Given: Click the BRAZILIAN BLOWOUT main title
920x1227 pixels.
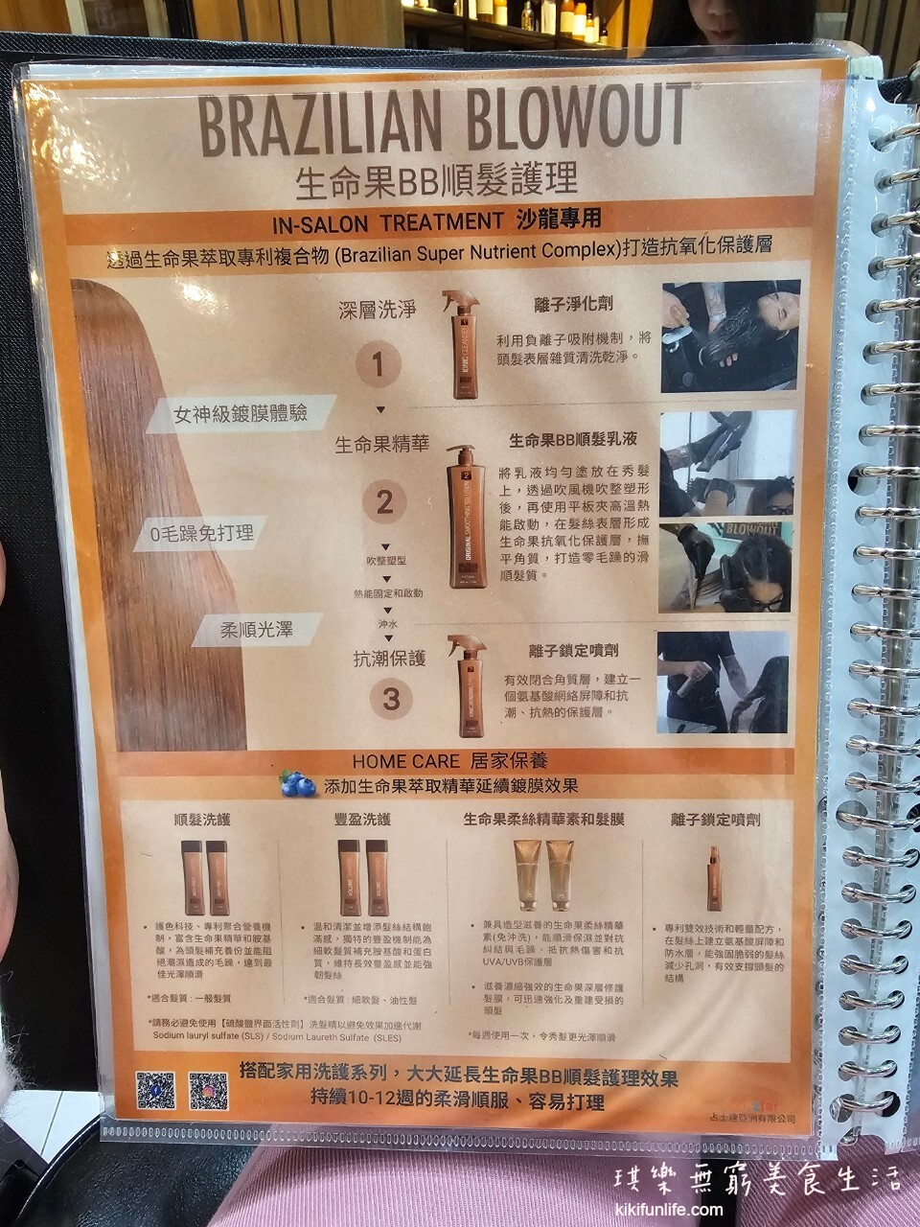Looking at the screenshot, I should (x=444, y=122).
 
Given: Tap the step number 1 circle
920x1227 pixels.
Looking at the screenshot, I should (x=378, y=364).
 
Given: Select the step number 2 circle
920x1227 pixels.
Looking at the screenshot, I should (x=384, y=501).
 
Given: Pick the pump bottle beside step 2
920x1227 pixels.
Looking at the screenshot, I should (x=467, y=517).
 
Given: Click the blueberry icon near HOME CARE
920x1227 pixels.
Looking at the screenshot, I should (x=298, y=785).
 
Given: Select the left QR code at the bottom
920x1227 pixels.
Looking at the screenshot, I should (x=155, y=1090).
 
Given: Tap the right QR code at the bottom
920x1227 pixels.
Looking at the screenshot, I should (x=208, y=1091).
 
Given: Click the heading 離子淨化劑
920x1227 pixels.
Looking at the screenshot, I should (x=573, y=304).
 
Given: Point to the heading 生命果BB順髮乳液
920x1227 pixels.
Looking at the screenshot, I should (x=572, y=440).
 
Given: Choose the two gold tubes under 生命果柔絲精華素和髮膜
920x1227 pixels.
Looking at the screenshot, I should (x=543, y=874).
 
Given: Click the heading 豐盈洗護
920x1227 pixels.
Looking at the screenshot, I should (x=362, y=821).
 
